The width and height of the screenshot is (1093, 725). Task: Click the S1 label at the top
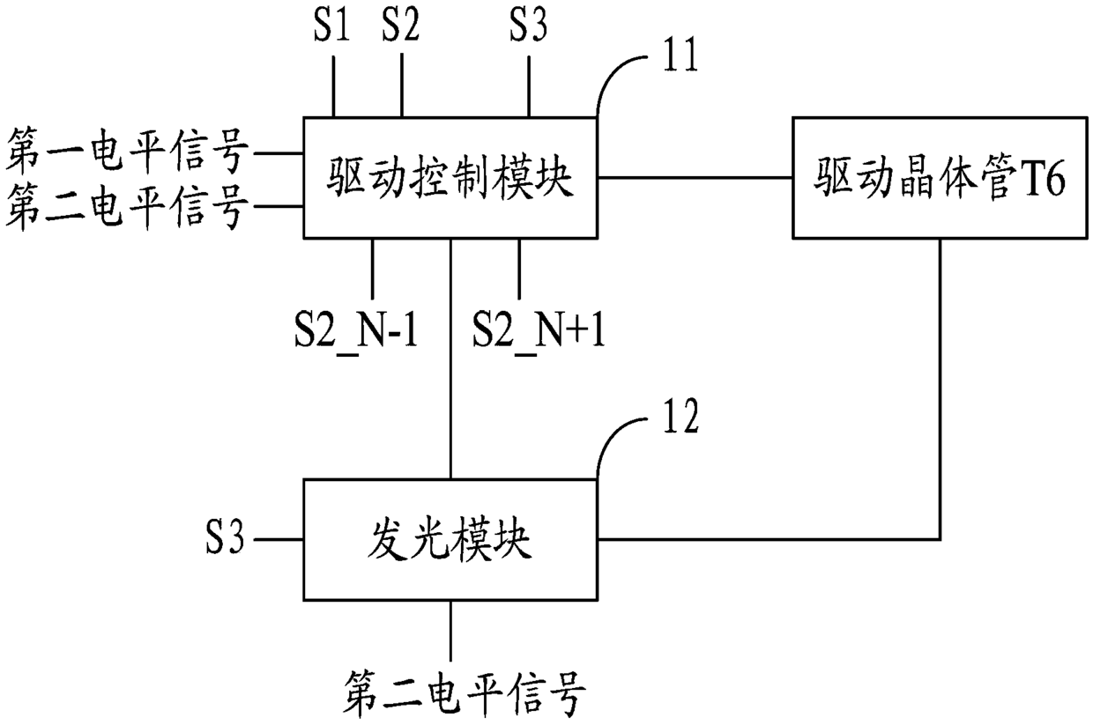[332, 26]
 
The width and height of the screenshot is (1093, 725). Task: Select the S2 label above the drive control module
[401, 26]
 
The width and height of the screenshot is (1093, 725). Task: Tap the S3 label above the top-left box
[528, 26]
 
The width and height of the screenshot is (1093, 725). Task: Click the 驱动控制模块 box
[450, 177]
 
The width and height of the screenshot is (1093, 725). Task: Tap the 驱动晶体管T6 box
[939, 177]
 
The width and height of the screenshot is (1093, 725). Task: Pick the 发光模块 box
[450, 540]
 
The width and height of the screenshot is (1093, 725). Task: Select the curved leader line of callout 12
[617, 440]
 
